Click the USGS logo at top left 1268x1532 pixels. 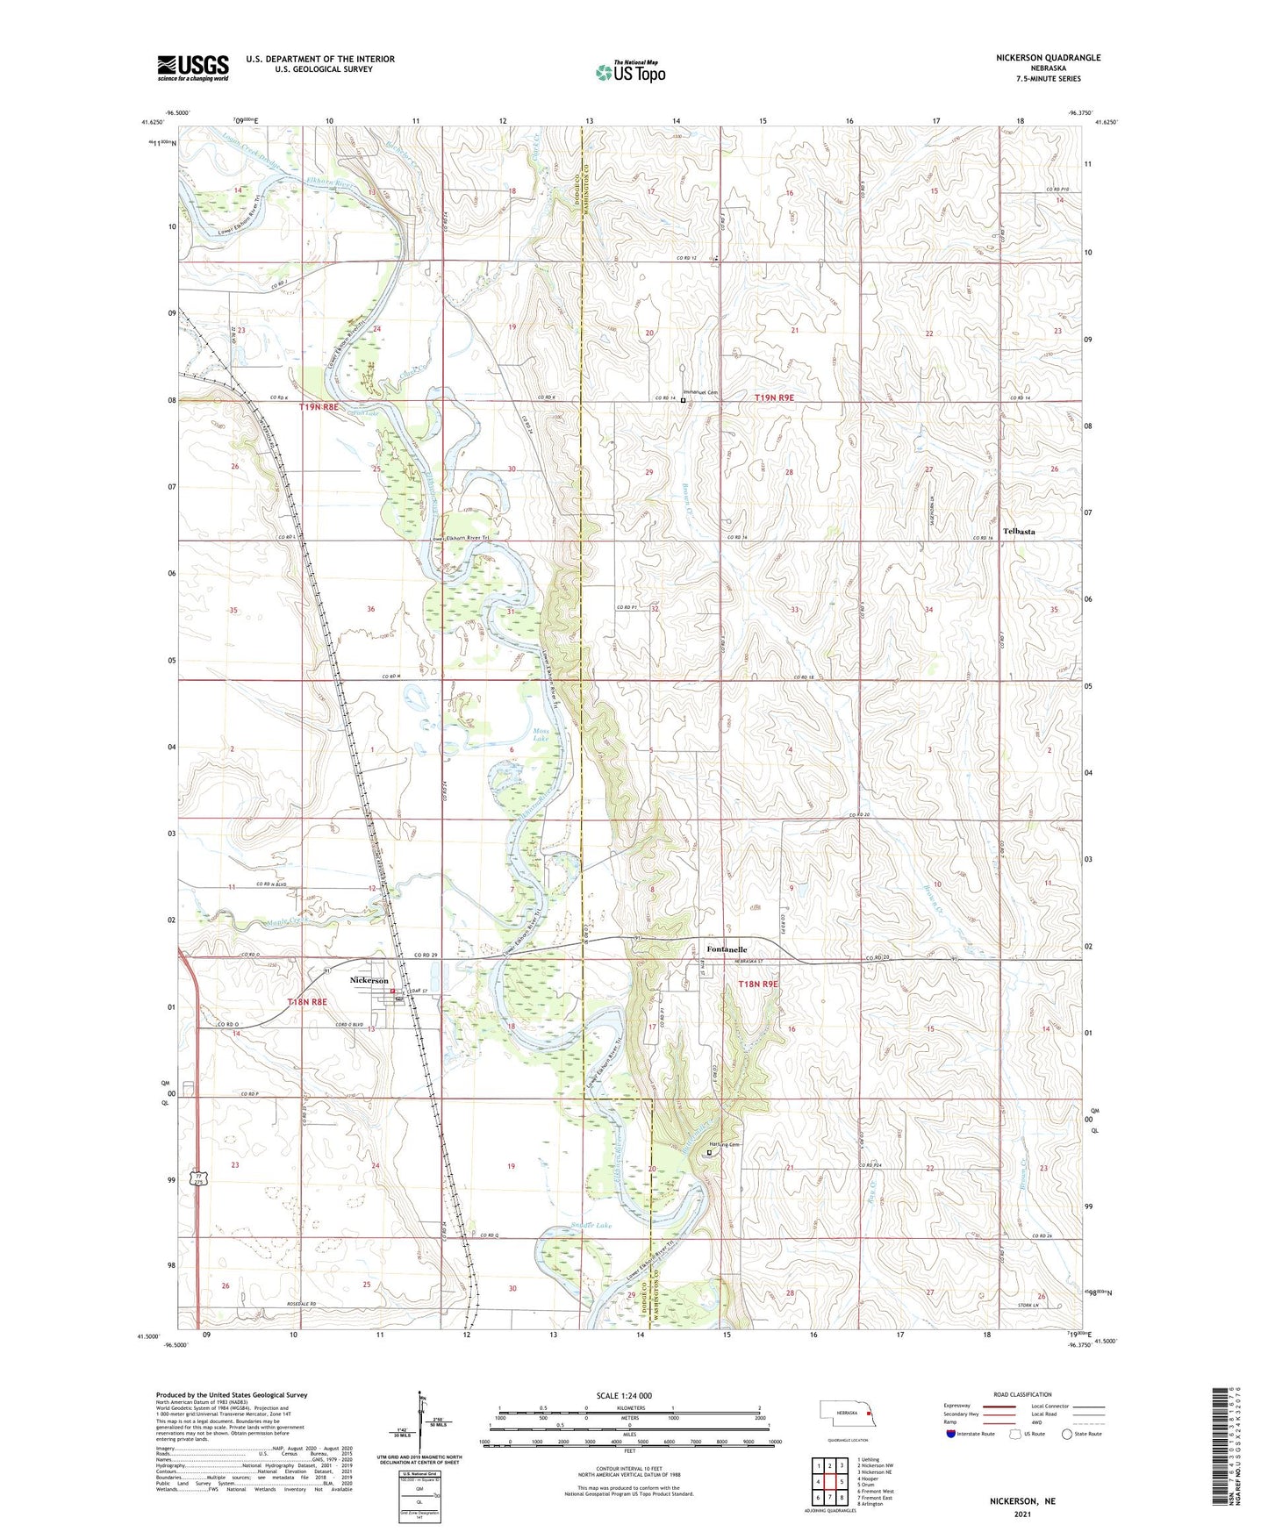point(192,67)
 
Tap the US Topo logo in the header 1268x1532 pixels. point(629,72)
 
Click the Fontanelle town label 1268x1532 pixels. point(727,949)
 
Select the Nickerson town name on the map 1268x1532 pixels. point(369,980)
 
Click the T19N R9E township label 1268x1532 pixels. point(774,397)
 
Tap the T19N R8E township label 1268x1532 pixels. point(320,407)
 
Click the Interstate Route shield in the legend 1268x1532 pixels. point(951,1435)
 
